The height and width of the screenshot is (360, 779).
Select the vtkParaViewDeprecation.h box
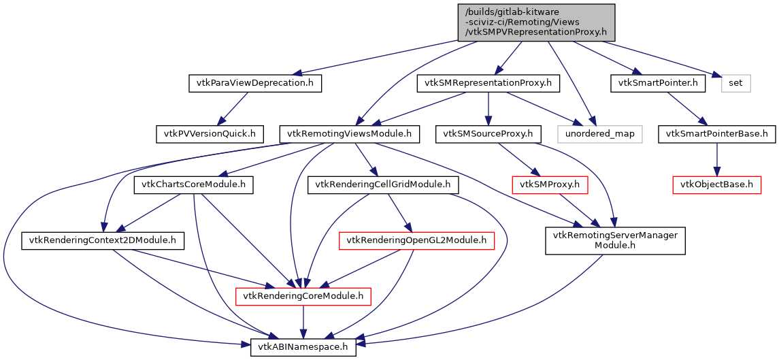254,83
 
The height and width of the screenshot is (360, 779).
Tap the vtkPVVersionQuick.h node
209,133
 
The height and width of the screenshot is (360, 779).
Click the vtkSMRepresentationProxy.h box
488,83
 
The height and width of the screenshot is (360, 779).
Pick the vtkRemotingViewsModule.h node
350,133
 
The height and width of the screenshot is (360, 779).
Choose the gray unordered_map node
599,133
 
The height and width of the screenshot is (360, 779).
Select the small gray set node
736,83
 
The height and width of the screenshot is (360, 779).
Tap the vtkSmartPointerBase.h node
716,133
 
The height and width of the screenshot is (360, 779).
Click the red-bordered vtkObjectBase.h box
716,184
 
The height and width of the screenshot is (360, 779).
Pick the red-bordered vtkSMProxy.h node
549,184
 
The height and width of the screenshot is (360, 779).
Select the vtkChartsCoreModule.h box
194,184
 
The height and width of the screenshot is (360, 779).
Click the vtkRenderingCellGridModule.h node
383,184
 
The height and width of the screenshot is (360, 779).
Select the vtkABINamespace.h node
303,347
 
